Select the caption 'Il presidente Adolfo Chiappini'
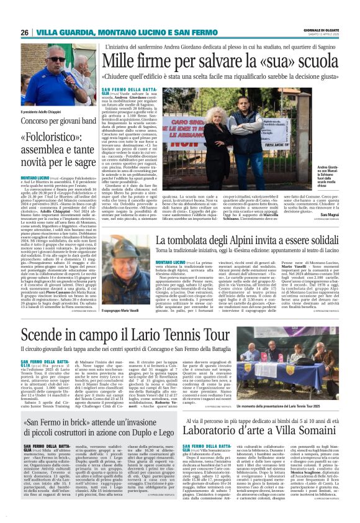tap(40, 112)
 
